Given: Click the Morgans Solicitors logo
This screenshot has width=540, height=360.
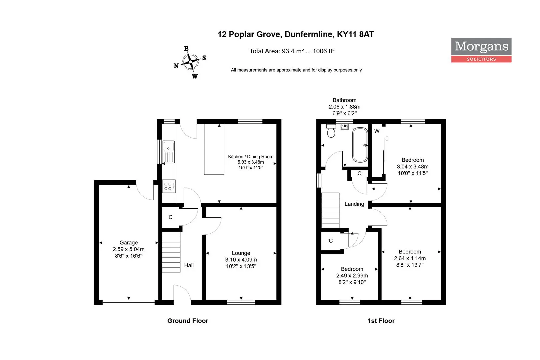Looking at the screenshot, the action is point(481,50).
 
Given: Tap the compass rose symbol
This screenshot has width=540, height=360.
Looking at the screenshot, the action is point(190,62).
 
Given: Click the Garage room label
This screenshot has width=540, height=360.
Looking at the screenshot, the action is point(128,243).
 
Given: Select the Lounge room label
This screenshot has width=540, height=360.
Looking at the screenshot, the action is point(241,253).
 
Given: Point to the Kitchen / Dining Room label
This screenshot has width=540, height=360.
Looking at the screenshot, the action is point(251,156).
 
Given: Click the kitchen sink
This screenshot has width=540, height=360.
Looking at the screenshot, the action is point(169,152).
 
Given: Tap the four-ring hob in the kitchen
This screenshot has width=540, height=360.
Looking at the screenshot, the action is point(169,186).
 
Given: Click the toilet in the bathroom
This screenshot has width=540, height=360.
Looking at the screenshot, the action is point(331,131).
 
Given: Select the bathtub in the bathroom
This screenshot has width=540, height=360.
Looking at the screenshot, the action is point(360,145).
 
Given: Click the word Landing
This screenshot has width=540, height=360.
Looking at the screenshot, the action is point(354,204).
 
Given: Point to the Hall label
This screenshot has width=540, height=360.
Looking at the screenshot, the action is point(189,265).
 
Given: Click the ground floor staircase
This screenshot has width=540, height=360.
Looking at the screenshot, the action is point(171,252).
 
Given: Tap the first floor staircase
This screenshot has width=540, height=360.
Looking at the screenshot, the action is point(330,210).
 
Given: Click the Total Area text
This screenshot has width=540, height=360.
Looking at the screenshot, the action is point(292,51).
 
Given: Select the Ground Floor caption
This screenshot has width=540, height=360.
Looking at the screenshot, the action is point(188,321).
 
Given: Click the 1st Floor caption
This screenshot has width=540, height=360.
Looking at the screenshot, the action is point(381,321).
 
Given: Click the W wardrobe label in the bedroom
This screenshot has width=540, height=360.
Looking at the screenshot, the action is point(377,131).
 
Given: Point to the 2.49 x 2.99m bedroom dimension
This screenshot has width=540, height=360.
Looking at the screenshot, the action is point(352,276).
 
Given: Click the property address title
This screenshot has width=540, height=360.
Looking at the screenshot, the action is point(296,34).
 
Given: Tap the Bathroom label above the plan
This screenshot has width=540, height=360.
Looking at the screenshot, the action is point(344,100).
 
